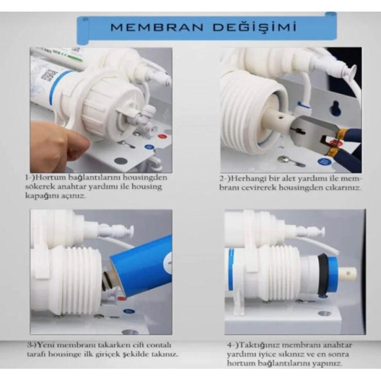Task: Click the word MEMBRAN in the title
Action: tap(157, 27)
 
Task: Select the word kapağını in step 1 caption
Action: tap(40, 196)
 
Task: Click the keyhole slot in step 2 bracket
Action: tap(336, 107)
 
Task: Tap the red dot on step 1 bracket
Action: tap(161, 136)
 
